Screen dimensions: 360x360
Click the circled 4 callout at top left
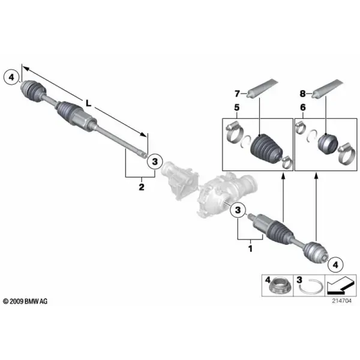click(x=11, y=77)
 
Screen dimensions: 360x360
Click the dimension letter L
click(x=88, y=104)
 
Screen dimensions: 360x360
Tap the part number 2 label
click(x=142, y=187)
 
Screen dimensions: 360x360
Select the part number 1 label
click(x=250, y=248)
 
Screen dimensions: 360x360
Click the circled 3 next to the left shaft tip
click(x=155, y=161)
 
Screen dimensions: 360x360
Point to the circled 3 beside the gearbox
click(x=238, y=210)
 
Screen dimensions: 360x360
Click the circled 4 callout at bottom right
click(x=335, y=265)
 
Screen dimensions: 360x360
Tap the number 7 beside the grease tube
click(x=237, y=94)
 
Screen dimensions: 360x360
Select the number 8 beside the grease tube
click(x=302, y=94)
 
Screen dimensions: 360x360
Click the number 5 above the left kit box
click(x=237, y=107)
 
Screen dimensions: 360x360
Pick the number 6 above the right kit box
click(x=303, y=107)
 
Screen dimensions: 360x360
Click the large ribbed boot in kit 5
click(x=266, y=148)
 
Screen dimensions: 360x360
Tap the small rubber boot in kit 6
click(x=328, y=143)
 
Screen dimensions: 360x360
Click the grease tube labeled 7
click(x=262, y=89)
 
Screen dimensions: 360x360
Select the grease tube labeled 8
click(x=328, y=89)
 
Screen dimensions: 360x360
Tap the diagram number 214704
click(x=341, y=301)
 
